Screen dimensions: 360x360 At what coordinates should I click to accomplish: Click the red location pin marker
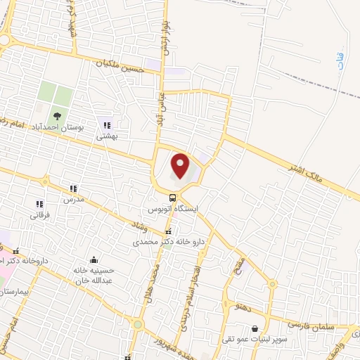[x=181, y=166]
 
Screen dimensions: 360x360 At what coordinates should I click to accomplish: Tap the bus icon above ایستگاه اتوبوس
[x=173, y=197]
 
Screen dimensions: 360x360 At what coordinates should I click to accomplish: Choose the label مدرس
[x=73, y=200]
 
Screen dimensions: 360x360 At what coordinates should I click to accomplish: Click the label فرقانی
[x=39, y=216]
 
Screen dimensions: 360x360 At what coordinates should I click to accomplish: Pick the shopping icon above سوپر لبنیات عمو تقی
[x=255, y=328]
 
